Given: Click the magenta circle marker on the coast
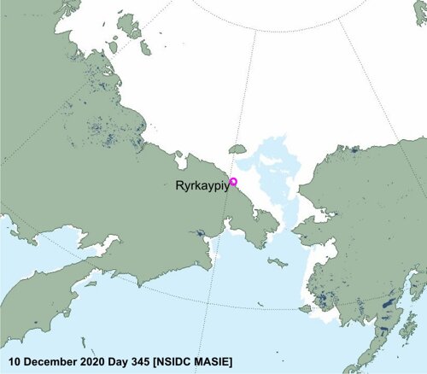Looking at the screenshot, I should (234, 180).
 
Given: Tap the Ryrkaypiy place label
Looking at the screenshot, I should (202, 184).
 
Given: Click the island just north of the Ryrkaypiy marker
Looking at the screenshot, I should (238, 150).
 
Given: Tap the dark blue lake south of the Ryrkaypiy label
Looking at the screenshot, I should (201, 232).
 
